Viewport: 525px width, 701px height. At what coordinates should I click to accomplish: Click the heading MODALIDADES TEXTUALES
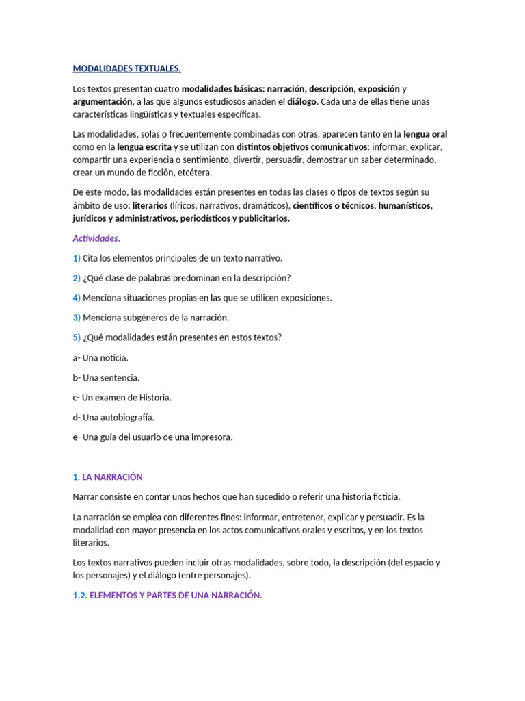pyautogui.click(x=126, y=68)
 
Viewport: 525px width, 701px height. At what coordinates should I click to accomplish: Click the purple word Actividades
pyautogui.click(x=96, y=238)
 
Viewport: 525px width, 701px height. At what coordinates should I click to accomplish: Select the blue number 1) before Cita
pyautogui.click(x=77, y=258)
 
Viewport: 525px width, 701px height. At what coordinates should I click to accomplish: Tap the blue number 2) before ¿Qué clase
pyautogui.click(x=77, y=278)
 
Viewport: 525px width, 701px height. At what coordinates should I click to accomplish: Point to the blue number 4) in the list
pyautogui.click(x=77, y=298)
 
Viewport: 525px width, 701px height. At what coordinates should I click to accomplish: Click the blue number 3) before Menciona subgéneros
pyautogui.click(x=77, y=318)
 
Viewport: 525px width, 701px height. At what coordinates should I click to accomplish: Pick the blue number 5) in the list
pyautogui.click(x=77, y=337)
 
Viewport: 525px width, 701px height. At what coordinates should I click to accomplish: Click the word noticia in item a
pyautogui.click(x=113, y=357)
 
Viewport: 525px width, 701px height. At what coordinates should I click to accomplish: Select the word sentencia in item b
pyautogui.click(x=120, y=377)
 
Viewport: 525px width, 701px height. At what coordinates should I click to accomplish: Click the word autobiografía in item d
pyautogui.click(x=128, y=417)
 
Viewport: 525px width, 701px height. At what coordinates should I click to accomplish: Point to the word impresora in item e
pyautogui.click(x=213, y=437)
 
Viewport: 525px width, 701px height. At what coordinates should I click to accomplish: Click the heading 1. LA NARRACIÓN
pyautogui.click(x=107, y=476)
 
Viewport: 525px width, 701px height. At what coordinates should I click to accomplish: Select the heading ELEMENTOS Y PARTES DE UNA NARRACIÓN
pyautogui.click(x=176, y=596)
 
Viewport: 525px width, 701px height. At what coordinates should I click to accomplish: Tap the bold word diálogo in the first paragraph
pyautogui.click(x=301, y=101)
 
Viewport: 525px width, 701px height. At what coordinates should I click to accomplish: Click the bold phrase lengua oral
pyautogui.click(x=425, y=134)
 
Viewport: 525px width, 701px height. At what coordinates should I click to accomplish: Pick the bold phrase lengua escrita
pyautogui.click(x=144, y=147)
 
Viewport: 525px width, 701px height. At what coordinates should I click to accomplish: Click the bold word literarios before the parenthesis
pyautogui.click(x=153, y=205)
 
